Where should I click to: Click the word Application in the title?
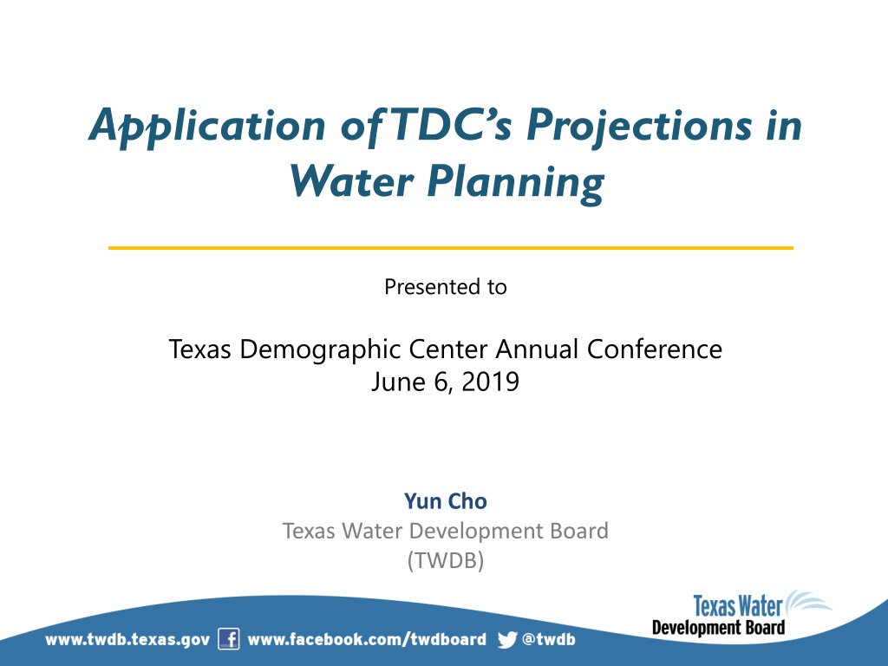(207, 127)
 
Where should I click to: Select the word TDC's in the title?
(451, 124)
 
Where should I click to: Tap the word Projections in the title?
(639, 127)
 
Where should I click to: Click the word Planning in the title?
(515, 184)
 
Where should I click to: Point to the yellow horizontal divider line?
(451, 248)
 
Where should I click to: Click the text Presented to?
(446, 287)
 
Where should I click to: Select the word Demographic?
(321, 350)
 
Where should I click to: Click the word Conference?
(655, 349)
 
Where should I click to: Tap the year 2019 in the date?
(491, 382)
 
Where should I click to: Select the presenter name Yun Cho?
(446, 501)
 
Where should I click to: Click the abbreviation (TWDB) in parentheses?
(446, 561)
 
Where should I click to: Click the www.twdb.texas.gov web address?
(127, 640)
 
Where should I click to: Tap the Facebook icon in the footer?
(229, 639)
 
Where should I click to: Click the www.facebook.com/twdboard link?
(367, 639)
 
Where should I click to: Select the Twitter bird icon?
(507, 639)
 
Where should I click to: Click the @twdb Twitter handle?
(548, 639)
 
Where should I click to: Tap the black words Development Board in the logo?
(719, 628)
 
